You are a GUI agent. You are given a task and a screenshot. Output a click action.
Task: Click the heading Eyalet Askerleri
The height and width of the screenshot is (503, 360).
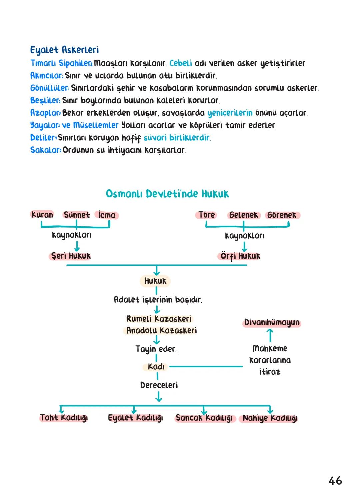coord(64,50)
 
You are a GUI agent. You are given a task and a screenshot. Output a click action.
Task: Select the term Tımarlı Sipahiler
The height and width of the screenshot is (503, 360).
coord(61,63)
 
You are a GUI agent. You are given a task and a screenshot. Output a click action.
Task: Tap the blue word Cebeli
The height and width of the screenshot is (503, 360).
coord(181,63)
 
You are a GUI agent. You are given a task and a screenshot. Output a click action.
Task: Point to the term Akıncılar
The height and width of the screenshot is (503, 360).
coord(46,76)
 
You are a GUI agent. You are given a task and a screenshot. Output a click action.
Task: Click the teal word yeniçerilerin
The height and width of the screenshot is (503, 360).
coord(230,113)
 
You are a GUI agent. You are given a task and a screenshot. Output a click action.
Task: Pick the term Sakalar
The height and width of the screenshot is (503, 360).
coord(45,150)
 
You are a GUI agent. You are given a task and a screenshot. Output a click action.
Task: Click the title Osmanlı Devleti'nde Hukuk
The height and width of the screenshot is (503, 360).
coord(167,194)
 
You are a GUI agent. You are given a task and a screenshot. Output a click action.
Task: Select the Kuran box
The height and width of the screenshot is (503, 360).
coord(42,215)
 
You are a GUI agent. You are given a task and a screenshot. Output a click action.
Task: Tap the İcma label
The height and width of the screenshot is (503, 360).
coord(107,215)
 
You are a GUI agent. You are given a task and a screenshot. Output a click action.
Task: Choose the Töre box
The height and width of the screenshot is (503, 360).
coord(207,215)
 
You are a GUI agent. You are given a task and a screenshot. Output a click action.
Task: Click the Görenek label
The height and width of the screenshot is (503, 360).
coord(282,215)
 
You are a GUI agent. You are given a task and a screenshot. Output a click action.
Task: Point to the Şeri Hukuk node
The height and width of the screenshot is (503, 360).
coord(70,256)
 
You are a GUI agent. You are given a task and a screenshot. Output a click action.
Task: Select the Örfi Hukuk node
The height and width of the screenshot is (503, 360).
coord(240,256)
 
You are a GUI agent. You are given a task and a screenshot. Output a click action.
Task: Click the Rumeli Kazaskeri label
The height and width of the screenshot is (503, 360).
coord(159,319)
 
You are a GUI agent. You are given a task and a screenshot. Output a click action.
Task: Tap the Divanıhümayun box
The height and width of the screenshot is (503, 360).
coord(272,323)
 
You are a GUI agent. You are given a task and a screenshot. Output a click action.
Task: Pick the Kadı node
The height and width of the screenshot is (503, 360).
coord(156,367)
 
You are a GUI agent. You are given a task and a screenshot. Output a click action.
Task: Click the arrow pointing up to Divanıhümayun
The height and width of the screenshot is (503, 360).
coord(270,335)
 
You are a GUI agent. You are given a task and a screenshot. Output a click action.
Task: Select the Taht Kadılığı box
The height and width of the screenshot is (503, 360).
coord(64,418)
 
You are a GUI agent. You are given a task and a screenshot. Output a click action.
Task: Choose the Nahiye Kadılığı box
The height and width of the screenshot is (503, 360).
coord(270,418)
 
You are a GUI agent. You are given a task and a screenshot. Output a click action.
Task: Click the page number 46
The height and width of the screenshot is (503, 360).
coord(335,481)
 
